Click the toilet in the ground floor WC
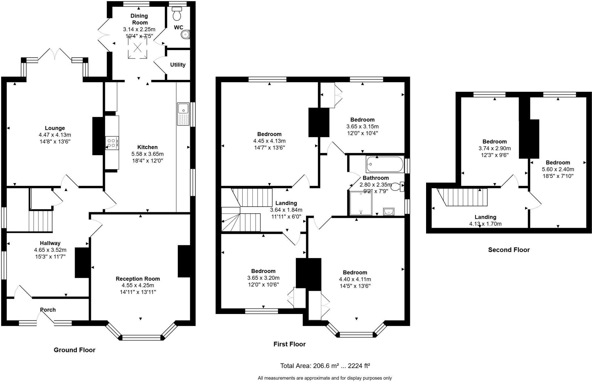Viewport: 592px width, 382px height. pyautogui.click(x=177, y=13)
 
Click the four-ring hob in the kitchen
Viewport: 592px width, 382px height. pyautogui.click(x=112, y=143)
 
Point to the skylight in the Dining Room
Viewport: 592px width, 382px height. pyautogui.click(x=138, y=47)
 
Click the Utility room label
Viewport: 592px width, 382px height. pyautogui.click(x=178, y=65)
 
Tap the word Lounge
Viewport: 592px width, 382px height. pyautogui.click(x=55, y=128)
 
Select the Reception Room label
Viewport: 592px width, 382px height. pyautogui.click(x=138, y=279)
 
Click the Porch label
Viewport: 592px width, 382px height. pyautogui.click(x=48, y=310)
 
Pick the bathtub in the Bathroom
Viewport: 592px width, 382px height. pyautogui.click(x=385, y=164)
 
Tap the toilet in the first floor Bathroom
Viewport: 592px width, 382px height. pyautogui.click(x=397, y=187)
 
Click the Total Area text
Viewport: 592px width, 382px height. pyautogui.click(x=325, y=366)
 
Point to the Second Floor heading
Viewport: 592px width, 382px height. pyautogui.click(x=509, y=250)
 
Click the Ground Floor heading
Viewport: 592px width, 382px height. pyautogui.click(x=75, y=350)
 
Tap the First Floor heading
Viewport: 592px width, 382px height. pyautogui.click(x=289, y=344)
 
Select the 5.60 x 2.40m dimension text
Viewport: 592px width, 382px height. pyautogui.click(x=558, y=169)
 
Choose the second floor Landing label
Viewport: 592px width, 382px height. pyautogui.click(x=485, y=217)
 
